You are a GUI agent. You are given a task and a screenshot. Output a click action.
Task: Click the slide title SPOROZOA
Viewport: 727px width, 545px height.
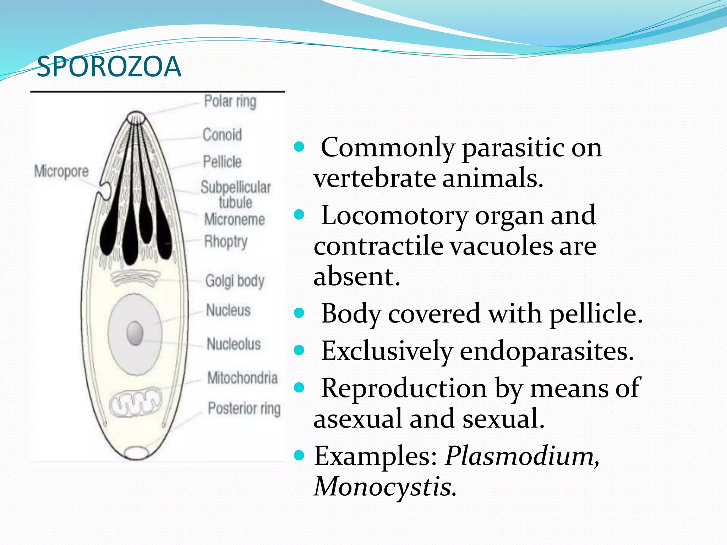109,67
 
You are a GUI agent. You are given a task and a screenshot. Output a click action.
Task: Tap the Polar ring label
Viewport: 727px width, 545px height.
230,101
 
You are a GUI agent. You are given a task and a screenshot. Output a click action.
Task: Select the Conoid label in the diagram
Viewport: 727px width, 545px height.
222,135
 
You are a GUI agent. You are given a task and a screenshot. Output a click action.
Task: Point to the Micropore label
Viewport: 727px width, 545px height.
61,171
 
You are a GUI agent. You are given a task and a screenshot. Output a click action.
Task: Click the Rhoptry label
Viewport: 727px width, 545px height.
226,242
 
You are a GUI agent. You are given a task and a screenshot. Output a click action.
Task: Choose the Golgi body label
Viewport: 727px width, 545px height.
235,281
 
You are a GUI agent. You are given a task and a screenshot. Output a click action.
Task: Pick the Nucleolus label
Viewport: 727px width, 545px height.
234,344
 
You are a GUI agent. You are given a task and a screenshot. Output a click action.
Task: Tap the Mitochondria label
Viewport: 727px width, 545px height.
242,378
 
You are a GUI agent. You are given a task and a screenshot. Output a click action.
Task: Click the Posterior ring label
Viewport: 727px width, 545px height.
244,408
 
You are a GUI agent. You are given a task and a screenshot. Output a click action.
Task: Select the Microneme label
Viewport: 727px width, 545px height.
235,220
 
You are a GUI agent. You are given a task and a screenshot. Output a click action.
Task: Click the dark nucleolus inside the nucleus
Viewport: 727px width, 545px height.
135,333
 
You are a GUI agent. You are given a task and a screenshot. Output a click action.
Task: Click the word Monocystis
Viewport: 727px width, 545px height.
385,486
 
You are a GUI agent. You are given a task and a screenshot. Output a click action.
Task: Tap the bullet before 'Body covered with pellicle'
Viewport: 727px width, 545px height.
300,313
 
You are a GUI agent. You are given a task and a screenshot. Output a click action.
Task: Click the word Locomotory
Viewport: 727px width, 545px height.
394,215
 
